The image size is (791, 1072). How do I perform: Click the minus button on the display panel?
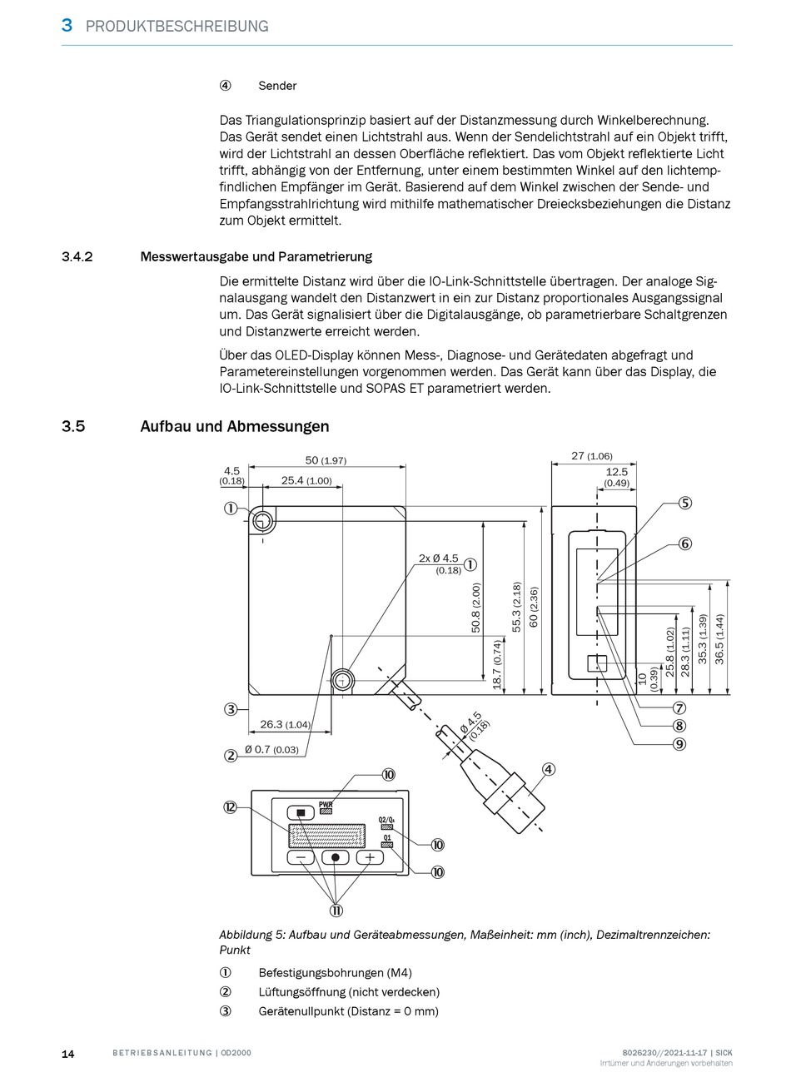301,857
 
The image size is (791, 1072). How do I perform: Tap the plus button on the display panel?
370,857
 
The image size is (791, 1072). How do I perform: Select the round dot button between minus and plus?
336,857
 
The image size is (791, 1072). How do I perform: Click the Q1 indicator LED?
387,845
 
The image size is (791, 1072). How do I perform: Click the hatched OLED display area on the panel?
326,836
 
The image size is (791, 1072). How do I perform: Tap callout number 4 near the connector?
548,769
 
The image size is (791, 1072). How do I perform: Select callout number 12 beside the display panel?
231,806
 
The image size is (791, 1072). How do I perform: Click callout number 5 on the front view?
684,503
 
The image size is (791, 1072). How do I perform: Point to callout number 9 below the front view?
679,744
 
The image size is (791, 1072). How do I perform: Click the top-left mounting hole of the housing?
262,522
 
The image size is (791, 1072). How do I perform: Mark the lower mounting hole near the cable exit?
341,681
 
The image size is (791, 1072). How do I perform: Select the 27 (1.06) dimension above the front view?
592,455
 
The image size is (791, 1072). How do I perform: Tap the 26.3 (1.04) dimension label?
285,724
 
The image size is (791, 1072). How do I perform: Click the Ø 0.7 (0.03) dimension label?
271,750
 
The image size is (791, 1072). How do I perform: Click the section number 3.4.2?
77,256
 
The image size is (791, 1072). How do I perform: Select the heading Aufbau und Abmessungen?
234,426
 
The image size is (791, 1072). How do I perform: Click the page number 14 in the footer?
67,1054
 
